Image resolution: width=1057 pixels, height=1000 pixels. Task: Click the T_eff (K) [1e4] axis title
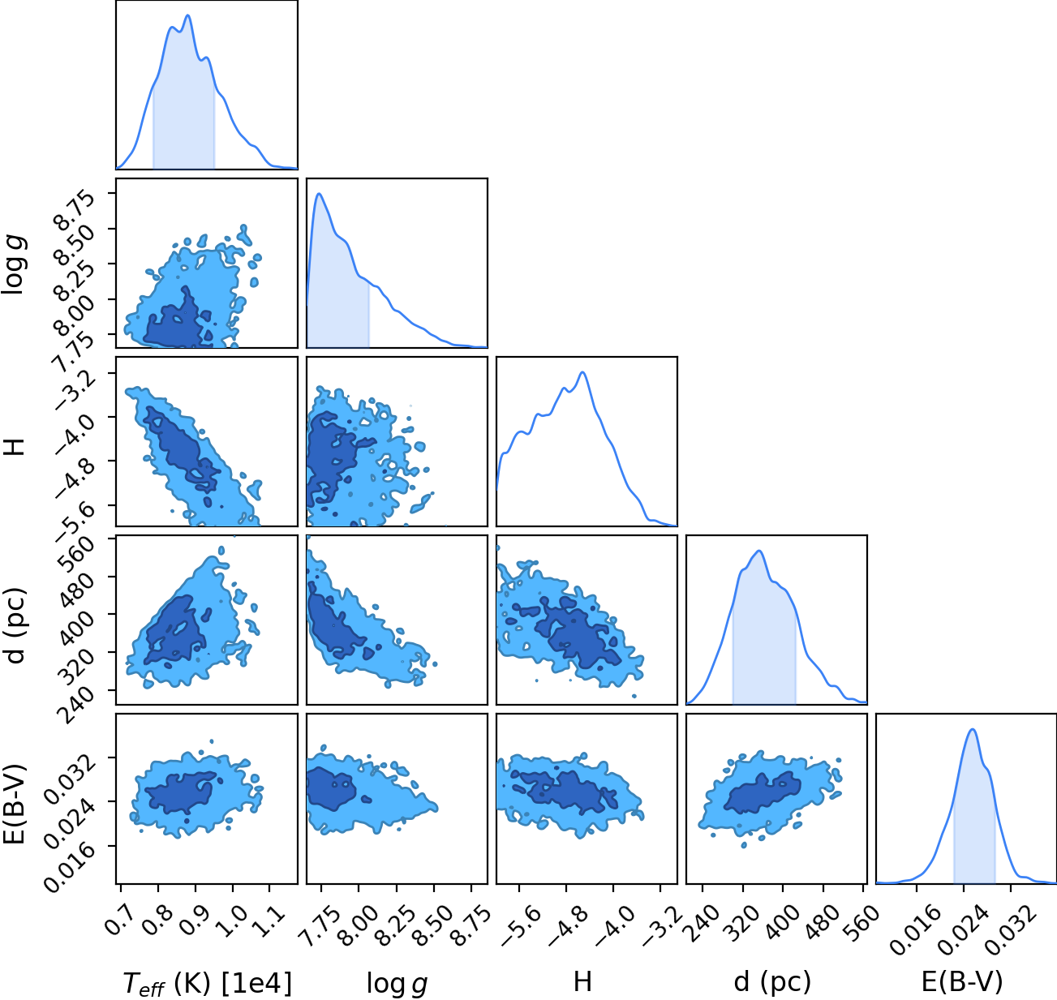208,983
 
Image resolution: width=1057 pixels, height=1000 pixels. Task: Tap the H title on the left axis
15,446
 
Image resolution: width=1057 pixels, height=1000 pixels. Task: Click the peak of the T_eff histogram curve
187,15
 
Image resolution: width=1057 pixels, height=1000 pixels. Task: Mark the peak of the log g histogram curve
319,194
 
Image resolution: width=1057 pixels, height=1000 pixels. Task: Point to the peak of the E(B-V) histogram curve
973,729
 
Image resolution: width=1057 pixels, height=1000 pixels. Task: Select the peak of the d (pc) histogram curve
759,551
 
